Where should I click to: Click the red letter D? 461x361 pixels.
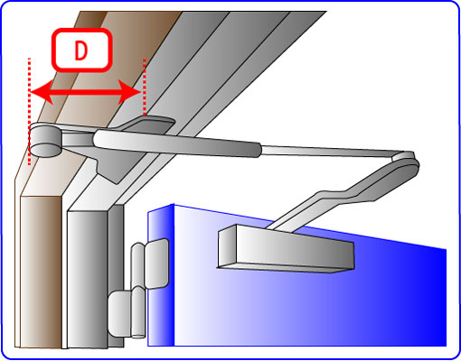[x=80, y=50]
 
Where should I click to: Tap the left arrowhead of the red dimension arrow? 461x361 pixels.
[x=42, y=92]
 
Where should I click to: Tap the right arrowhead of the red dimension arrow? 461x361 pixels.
[x=129, y=92]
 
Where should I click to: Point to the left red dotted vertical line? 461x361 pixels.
[x=29, y=111]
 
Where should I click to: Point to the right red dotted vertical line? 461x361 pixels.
[x=145, y=88]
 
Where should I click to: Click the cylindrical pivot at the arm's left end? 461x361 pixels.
[x=45, y=140]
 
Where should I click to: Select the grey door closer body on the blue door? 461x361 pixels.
[x=286, y=248]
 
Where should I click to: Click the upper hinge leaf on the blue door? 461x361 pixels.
[x=156, y=264]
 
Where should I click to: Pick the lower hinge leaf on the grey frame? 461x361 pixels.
[x=120, y=313]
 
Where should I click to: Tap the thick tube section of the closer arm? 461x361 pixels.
[x=178, y=143]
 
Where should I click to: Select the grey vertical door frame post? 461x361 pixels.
[x=88, y=280]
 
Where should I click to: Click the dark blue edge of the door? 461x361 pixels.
[x=161, y=275]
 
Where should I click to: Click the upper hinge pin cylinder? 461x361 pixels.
[x=137, y=264]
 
